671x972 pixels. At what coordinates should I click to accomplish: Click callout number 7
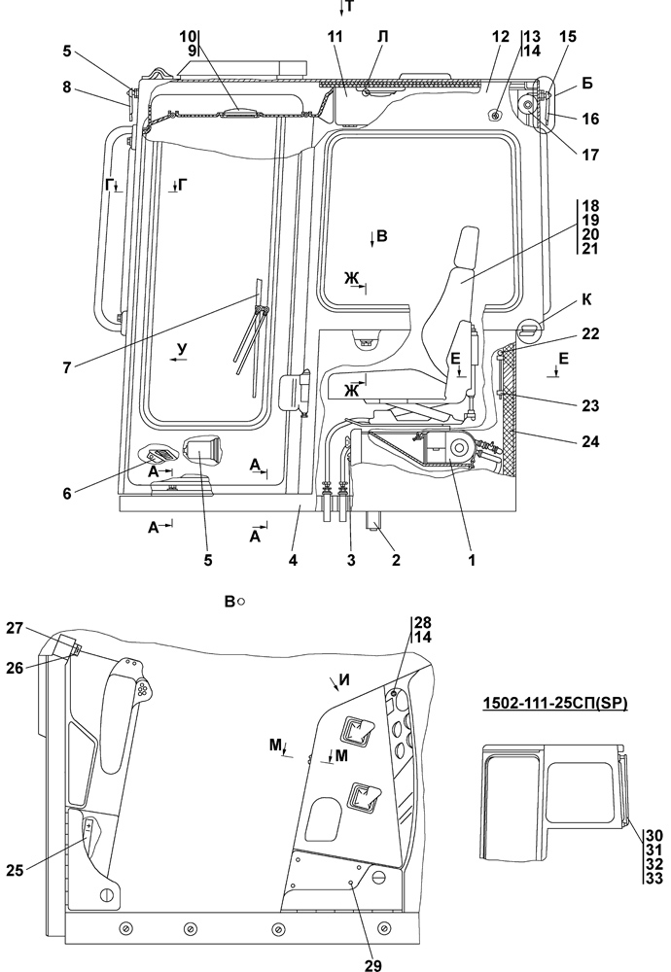pyautogui.click(x=66, y=367)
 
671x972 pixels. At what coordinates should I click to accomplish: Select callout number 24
pyautogui.click(x=590, y=442)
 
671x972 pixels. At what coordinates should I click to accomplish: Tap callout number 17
pyautogui.click(x=590, y=155)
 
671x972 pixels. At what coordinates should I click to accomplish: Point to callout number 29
pyautogui.click(x=373, y=964)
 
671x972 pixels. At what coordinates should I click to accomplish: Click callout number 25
pyautogui.click(x=16, y=870)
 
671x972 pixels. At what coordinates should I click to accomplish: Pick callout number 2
pyautogui.click(x=396, y=561)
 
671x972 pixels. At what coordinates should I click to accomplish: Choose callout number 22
pyautogui.click(x=590, y=333)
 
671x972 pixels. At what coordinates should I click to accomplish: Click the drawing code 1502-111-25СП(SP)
pyautogui.click(x=555, y=704)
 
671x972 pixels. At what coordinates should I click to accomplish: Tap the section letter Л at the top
pyautogui.click(x=382, y=37)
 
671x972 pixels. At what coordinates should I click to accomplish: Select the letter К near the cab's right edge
pyautogui.click(x=586, y=300)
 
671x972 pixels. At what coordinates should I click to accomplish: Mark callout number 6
pyautogui.click(x=66, y=494)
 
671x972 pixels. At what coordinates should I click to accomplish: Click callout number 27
pyautogui.click(x=16, y=628)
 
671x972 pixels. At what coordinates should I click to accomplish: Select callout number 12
pyautogui.click(x=501, y=37)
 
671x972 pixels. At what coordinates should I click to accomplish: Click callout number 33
pyautogui.click(x=654, y=878)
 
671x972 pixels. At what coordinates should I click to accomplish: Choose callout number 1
pyautogui.click(x=472, y=561)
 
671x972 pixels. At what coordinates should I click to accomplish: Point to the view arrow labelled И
pyautogui.click(x=335, y=683)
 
